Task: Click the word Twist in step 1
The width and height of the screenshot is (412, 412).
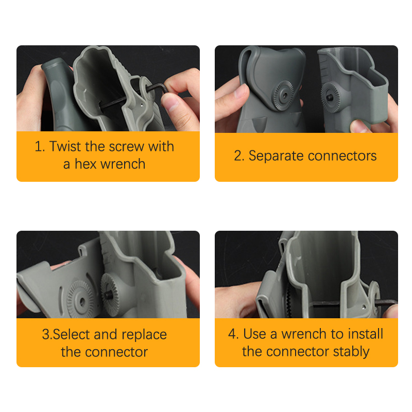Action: click(65, 146)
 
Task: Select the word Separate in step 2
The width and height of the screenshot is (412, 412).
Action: click(277, 156)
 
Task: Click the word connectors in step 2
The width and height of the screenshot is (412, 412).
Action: click(342, 156)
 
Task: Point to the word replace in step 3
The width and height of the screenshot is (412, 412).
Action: click(144, 335)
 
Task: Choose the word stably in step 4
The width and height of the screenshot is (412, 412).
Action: click(351, 352)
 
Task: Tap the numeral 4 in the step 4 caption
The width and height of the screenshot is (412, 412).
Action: click(232, 334)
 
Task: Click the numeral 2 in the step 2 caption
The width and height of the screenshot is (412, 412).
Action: click(238, 156)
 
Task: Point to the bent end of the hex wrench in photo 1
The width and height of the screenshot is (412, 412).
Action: click(164, 88)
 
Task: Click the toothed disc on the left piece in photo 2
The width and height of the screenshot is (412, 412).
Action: click(283, 95)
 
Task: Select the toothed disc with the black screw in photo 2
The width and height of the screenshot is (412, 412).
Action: click(330, 97)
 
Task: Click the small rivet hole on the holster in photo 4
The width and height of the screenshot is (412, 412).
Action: click(364, 306)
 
